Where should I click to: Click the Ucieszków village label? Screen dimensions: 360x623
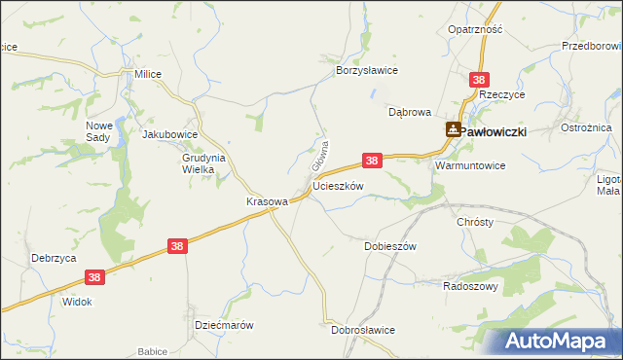(339, 185)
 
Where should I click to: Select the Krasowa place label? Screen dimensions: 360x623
(266, 201)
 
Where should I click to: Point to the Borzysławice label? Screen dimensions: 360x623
(367, 71)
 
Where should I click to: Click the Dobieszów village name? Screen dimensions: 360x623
(390, 246)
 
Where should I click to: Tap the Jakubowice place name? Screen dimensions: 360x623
(170, 135)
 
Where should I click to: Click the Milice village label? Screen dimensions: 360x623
(148, 74)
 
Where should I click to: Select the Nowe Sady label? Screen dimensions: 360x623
(100, 132)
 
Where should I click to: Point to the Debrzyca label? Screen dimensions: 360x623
(53, 258)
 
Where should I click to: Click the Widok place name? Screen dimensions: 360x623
(77, 302)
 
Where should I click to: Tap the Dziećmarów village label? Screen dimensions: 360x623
(224, 325)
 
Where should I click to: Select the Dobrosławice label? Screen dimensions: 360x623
(362, 330)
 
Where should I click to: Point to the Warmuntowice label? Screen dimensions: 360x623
(470, 165)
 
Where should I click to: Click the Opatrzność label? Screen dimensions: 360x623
(475, 29)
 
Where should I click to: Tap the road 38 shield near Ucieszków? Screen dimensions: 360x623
(371, 159)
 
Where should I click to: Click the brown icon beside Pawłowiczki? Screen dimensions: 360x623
(454, 129)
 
